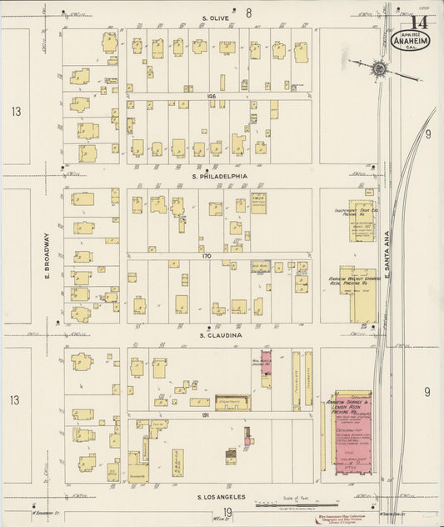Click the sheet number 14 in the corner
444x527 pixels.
coord(420,23)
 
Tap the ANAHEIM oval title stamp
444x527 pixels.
coord(411,42)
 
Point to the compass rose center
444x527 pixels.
coord(379,68)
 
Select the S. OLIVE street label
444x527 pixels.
coord(215,18)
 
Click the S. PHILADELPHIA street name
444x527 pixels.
coord(219,176)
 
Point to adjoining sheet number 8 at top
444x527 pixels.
coord(247,13)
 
